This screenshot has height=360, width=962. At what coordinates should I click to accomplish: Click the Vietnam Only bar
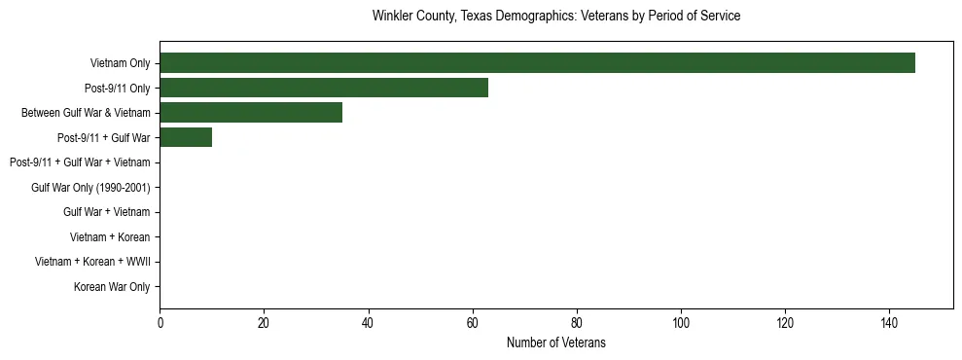tap(537, 63)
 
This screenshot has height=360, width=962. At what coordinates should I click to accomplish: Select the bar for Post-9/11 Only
tap(324, 88)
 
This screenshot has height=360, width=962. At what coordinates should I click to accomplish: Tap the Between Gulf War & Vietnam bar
tap(251, 113)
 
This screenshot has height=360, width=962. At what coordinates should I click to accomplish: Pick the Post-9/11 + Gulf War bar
tap(186, 137)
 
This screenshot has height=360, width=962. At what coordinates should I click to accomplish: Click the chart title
tap(556, 17)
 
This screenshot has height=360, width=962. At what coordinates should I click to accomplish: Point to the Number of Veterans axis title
tap(556, 342)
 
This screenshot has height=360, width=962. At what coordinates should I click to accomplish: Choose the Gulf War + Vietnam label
tap(106, 212)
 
